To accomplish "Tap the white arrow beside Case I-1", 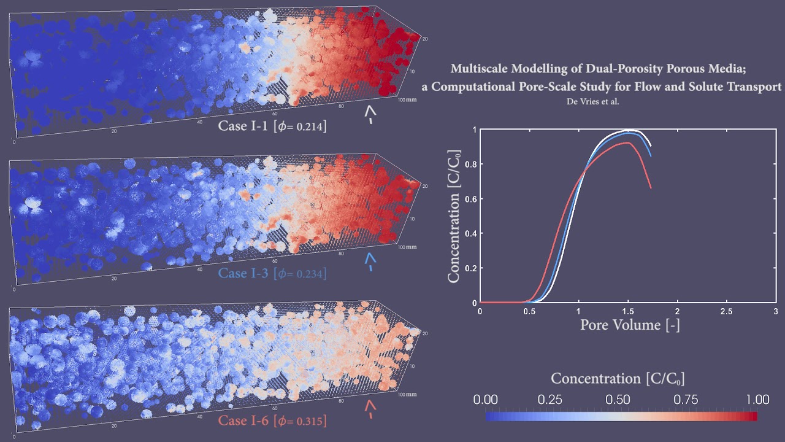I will (x=370, y=114).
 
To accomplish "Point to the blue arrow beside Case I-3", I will (x=370, y=262).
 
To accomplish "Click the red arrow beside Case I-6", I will (x=370, y=409).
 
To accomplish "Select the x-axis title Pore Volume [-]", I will (x=629, y=325).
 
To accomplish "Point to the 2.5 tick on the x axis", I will (x=726, y=312).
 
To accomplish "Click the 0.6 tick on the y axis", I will (x=470, y=199).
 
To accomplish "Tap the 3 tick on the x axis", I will (x=776, y=312).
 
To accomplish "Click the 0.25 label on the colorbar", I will (x=550, y=400).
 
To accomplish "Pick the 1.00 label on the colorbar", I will (x=753, y=400).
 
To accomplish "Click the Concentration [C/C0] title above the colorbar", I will (x=617, y=378).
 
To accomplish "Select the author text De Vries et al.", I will (x=593, y=101).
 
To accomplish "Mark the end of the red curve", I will (x=650, y=187).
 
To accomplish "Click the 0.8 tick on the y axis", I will (x=470, y=164).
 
